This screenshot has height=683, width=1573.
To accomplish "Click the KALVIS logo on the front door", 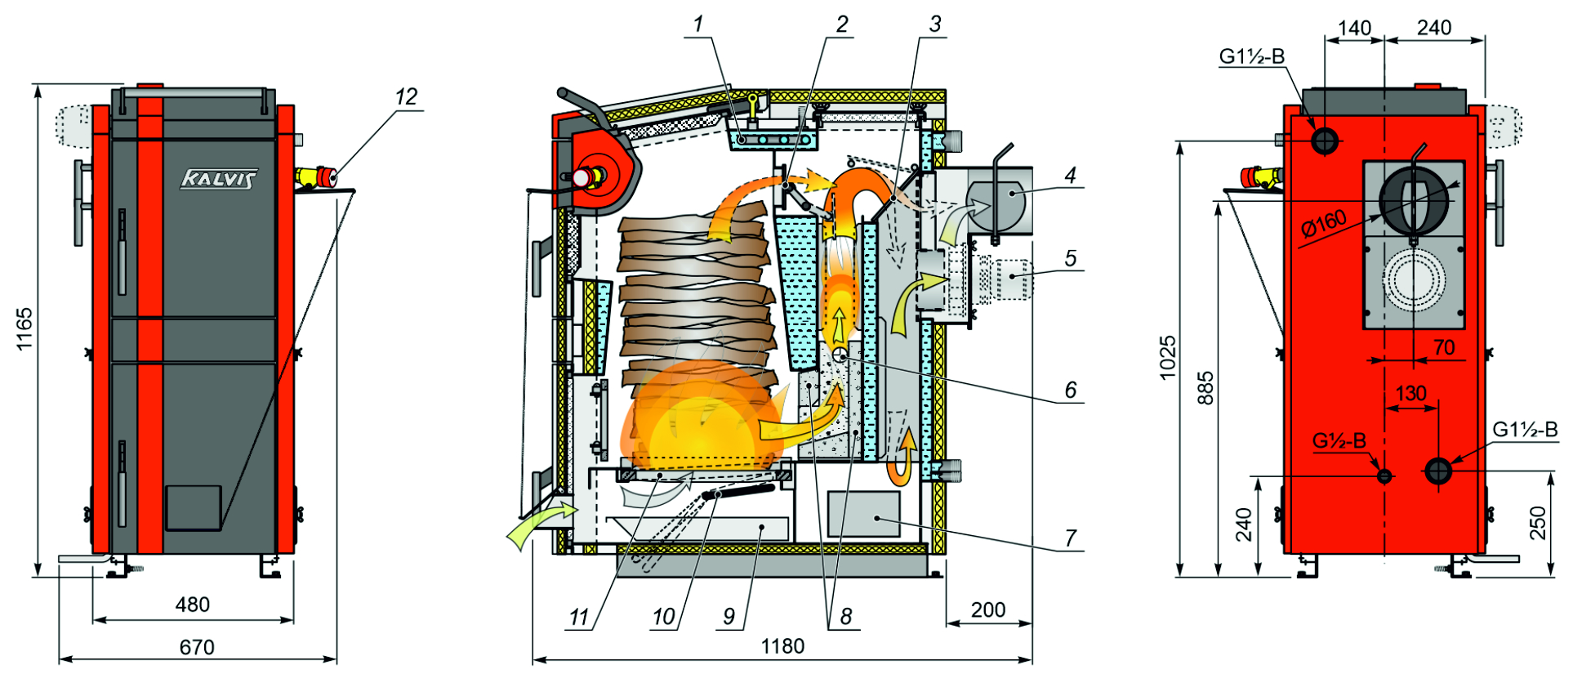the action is click(x=219, y=178).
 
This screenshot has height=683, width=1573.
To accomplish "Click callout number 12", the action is click(x=406, y=97).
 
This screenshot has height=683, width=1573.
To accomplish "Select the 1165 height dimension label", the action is click(x=25, y=328).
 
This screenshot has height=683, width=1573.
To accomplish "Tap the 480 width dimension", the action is click(x=193, y=605).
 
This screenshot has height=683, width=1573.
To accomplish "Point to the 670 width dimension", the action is click(x=197, y=647).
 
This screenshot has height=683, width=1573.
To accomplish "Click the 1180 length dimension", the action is click(x=782, y=646).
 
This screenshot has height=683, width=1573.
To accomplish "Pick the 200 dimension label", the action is click(x=988, y=609).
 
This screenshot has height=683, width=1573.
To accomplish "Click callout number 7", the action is click(x=1071, y=538).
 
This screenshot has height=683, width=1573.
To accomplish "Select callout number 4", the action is click(x=1071, y=175).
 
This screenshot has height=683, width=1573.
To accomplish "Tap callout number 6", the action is click(x=1071, y=390).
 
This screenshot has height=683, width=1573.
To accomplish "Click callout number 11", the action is click(x=579, y=617).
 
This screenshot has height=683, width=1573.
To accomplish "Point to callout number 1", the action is click(x=698, y=25).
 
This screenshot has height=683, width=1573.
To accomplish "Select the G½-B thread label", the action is click(x=1339, y=441).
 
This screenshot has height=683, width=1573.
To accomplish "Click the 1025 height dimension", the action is click(x=1168, y=358).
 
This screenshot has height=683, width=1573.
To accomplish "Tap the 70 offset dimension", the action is click(x=1444, y=347).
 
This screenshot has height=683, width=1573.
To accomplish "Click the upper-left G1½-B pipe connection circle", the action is click(x=1325, y=141).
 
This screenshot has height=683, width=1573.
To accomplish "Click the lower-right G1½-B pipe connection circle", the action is click(x=1438, y=471).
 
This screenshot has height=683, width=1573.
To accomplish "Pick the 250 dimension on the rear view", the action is click(x=1538, y=523).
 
